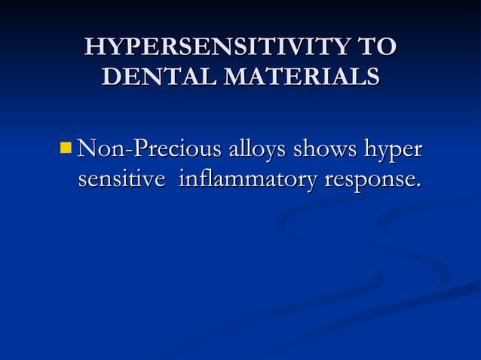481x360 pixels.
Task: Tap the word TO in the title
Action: pyautogui.click(x=374, y=47)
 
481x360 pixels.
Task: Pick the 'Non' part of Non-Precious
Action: pyautogui.click(x=99, y=149)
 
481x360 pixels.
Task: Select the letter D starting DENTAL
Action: pyautogui.click(x=110, y=77)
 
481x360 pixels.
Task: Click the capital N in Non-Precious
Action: pyautogui.click(x=87, y=149)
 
